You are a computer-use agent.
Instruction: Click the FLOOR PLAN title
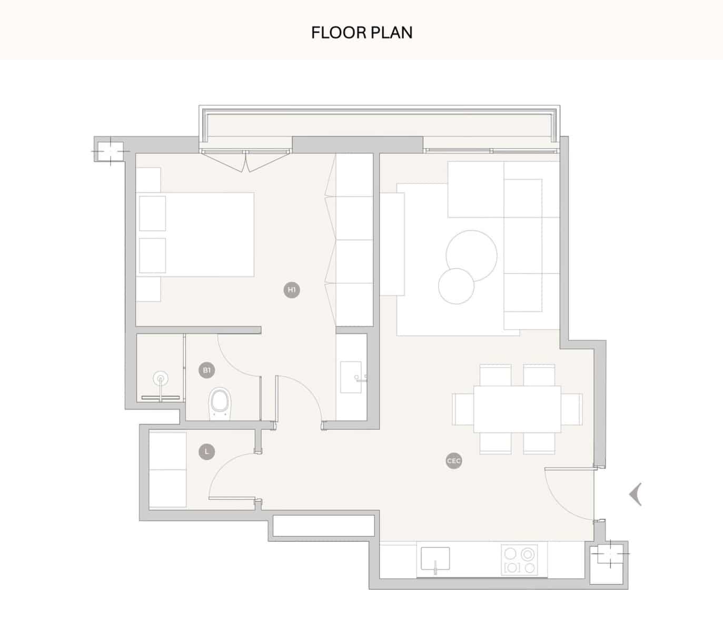[362, 33]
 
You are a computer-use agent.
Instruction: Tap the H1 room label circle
[292, 290]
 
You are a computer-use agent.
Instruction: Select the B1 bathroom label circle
[207, 370]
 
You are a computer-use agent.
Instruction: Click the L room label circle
[207, 452]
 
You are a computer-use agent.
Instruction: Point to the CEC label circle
[453, 461]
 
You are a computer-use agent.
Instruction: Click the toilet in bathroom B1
[220, 403]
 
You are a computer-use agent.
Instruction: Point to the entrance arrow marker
[636, 494]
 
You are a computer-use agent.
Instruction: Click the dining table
[517, 409]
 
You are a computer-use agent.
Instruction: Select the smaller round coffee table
[456, 286]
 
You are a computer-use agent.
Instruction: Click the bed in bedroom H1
[196, 234]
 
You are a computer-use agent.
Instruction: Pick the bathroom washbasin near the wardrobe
[351, 377]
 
